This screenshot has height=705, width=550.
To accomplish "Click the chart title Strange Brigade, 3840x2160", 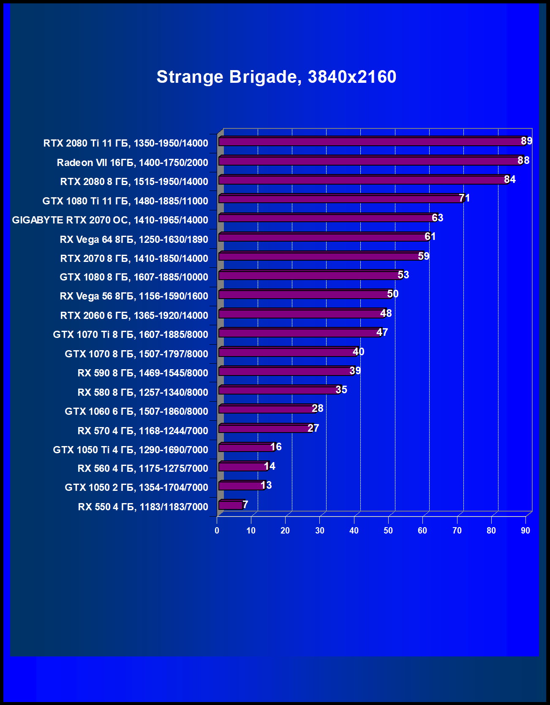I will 276,77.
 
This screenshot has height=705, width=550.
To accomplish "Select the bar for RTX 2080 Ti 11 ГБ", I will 372,142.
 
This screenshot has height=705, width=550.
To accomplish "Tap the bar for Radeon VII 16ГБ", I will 370,161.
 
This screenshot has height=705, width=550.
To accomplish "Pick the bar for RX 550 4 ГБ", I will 231,505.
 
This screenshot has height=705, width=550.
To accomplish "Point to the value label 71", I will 464,198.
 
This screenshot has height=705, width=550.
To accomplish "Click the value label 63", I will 437,218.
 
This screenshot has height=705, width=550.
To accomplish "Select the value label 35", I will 341,389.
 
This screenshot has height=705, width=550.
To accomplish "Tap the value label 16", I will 275,447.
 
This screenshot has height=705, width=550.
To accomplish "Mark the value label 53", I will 403,275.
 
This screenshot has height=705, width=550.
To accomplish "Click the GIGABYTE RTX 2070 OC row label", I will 110,220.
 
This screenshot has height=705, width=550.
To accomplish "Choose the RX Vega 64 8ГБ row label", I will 134,240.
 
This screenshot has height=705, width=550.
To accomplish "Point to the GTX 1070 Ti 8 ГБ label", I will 130,335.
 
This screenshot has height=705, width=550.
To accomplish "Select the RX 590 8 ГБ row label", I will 143,373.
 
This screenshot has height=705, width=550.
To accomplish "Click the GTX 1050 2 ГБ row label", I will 136,487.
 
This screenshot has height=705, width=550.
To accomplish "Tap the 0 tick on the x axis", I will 217,531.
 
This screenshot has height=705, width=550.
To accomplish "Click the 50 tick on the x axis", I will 388,531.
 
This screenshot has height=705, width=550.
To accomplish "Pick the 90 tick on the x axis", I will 525,531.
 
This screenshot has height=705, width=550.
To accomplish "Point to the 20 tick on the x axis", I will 285,531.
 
